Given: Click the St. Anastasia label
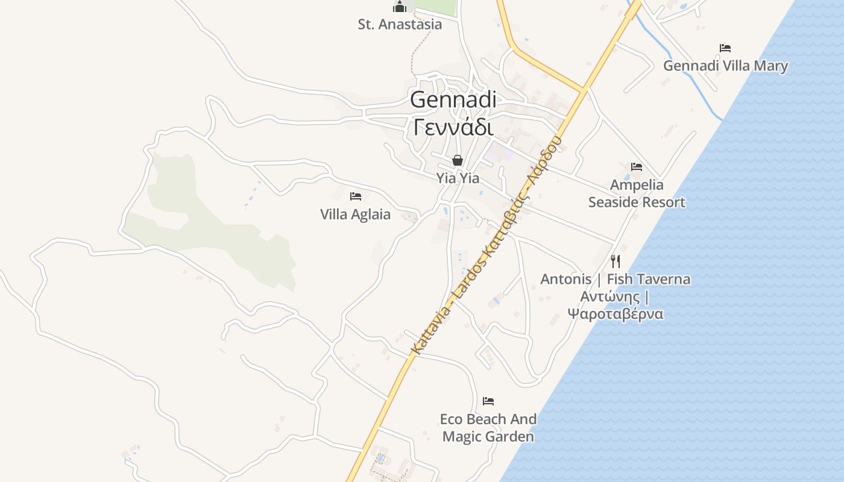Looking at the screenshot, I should click(400, 25).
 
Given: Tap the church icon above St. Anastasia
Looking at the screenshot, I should click(400, 7).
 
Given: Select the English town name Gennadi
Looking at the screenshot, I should click(453, 100).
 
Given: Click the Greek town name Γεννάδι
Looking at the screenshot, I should click(453, 127).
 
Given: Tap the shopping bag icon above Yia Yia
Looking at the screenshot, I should click(458, 160).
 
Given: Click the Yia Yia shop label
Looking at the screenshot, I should click(458, 178).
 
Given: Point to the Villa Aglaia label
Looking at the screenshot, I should click(355, 214).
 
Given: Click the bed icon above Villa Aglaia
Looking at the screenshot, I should click(356, 196).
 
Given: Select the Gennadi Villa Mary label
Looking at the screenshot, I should click(726, 66).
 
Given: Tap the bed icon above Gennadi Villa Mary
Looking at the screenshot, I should click(725, 48).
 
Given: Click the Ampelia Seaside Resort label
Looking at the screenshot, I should click(637, 193).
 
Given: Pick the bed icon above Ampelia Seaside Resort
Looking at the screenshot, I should click(637, 167).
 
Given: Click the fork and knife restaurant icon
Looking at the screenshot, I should click(616, 261).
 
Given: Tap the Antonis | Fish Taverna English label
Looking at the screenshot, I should click(616, 280).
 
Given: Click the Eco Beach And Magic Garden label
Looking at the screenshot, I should click(488, 428).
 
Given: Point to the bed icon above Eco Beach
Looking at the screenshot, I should click(488, 401).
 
